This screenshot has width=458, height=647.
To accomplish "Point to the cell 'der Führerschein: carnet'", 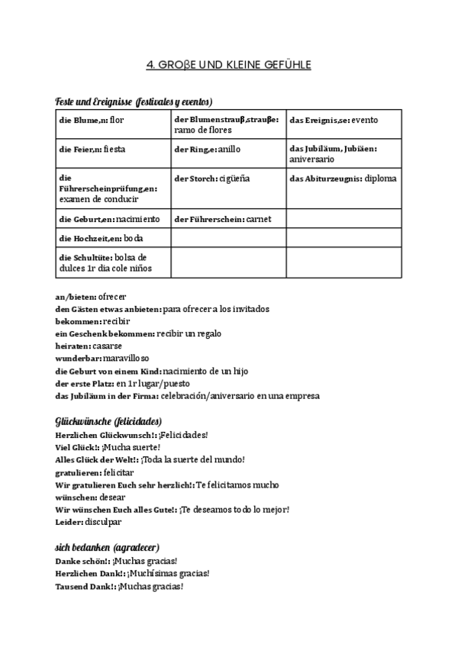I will click(x=228, y=219).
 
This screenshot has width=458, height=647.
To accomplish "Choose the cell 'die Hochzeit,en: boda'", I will click(x=113, y=239).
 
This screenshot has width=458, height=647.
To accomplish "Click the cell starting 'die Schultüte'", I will click(x=113, y=262).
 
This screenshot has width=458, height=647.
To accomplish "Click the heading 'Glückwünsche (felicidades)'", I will click(x=108, y=421).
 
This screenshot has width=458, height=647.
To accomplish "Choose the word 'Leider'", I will click(x=68, y=522).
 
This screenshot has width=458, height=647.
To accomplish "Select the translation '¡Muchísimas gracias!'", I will click(x=169, y=574).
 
